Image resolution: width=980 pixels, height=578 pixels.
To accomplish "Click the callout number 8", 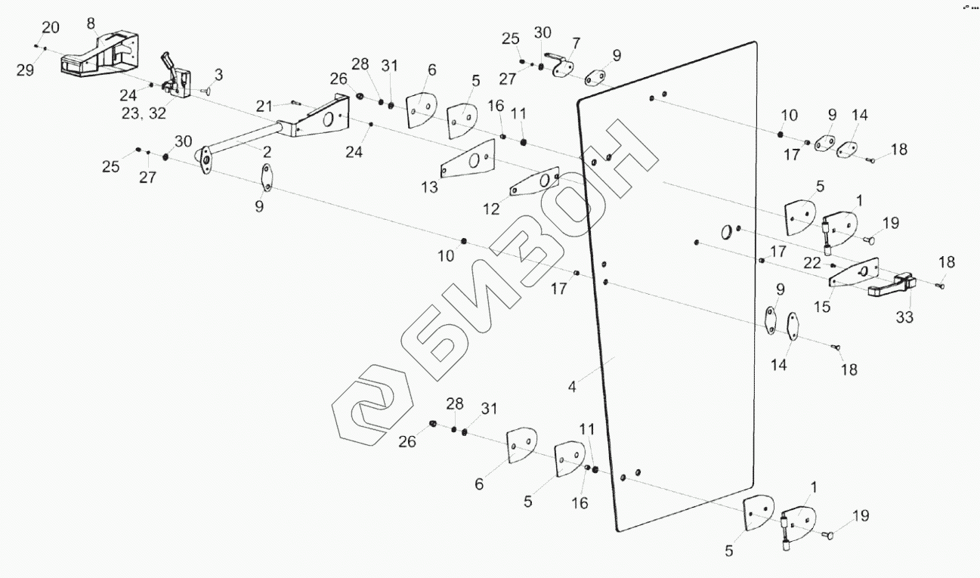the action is click(x=91, y=23).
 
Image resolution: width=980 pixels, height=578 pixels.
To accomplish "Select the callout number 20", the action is click(x=50, y=28).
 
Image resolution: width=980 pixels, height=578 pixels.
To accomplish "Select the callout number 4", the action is click(x=573, y=387).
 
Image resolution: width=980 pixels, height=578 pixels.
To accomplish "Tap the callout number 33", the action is click(x=904, y=318).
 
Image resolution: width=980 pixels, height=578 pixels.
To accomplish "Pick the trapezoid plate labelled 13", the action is click(x=468, y=160).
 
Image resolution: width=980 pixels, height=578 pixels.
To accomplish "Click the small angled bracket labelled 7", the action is click(x=563, y=67).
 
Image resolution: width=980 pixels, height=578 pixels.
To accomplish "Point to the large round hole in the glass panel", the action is click(x=726, y=230).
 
